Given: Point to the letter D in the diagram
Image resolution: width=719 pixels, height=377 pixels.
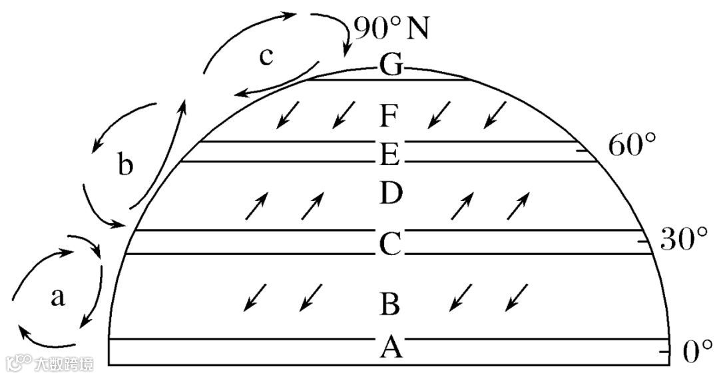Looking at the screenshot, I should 389,194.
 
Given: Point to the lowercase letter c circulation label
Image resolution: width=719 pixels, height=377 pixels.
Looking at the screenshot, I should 266,57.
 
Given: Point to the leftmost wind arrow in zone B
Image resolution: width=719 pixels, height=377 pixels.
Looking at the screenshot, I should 254,297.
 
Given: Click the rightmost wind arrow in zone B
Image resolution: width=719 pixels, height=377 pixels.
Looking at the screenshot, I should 517,297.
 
